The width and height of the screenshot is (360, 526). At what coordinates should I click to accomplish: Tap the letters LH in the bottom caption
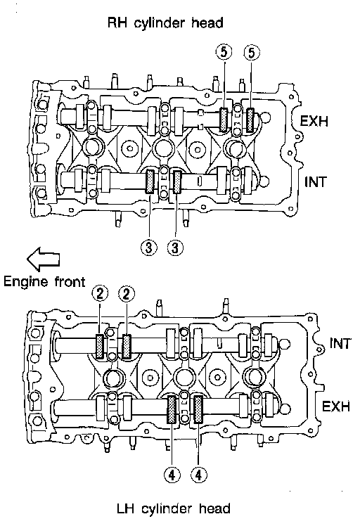[125, 508]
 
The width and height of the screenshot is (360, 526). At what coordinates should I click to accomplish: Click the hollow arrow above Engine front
[44, 259]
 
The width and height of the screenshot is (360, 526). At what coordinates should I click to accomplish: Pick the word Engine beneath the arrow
[26, 282]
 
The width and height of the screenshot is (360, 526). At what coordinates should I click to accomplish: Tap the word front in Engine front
[70, 281]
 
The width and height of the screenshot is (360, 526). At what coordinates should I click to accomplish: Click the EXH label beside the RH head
[314, 121]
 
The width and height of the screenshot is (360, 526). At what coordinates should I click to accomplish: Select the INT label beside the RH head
[316, 182]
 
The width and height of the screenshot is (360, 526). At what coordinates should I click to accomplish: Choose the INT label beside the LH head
[340, 344]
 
